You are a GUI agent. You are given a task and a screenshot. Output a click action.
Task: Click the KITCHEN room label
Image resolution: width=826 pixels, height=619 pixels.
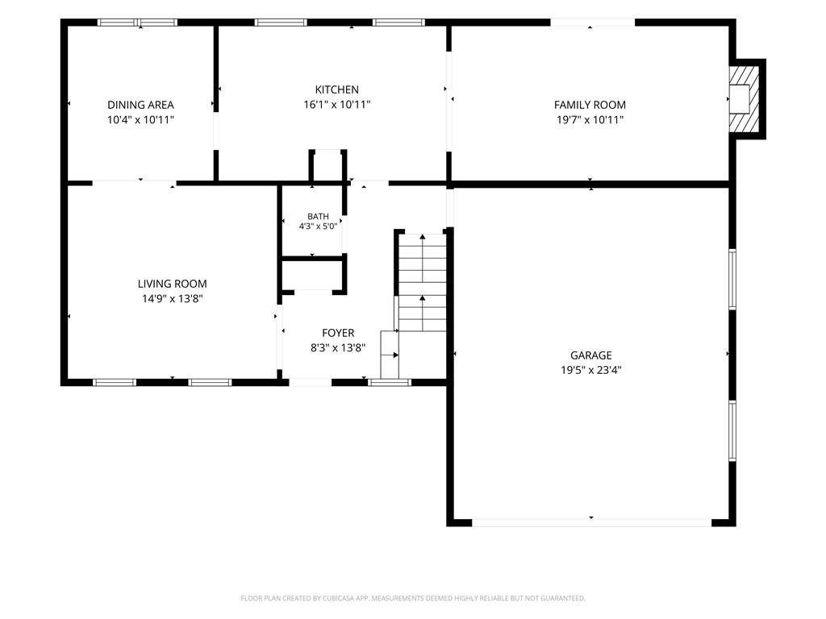click(x=336, y=89)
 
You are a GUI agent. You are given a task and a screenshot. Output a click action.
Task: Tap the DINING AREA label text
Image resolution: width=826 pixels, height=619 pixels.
click(x=140, y=105)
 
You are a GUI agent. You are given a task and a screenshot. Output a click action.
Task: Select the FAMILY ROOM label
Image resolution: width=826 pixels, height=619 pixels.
click(x=590, y=105)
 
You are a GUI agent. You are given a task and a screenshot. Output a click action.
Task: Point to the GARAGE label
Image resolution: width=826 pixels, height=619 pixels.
click(x=591, y=355)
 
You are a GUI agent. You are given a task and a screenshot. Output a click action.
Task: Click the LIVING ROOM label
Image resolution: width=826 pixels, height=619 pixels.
click(x=173, y=284)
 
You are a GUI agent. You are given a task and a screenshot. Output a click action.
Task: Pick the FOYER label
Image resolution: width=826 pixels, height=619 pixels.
click(x=338, y=333)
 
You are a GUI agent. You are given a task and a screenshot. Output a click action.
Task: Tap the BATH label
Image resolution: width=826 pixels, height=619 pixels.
click(x=318, y=216)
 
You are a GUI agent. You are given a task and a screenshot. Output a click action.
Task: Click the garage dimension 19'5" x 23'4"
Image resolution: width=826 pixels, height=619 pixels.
click(x=591, y=370)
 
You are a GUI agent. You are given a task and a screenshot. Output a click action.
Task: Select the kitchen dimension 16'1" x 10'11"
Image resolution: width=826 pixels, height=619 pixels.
click(x=337, y=104)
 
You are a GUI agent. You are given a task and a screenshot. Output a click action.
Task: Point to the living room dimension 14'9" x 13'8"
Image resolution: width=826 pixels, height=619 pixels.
click(x=173, y=299)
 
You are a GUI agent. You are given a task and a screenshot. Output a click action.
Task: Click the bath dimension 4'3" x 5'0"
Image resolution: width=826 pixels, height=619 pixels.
click(x=318, y=226)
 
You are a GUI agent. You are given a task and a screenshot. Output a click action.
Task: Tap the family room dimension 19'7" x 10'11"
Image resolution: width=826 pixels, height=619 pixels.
click(x=590, y=119)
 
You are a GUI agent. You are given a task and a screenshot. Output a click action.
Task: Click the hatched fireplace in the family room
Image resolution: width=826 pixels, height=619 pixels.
click(x=744, y=99)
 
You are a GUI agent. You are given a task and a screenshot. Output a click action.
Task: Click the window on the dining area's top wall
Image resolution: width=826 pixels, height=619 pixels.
click(x=137, y=23)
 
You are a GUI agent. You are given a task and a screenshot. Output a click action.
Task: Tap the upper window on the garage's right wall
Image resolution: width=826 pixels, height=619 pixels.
click(x=732, y=278)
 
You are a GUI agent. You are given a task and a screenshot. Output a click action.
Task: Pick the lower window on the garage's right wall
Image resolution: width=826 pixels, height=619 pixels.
click(x=732, y=430)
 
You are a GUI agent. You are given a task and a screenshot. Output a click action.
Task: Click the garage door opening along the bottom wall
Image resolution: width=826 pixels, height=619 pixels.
click(x=591, y=522)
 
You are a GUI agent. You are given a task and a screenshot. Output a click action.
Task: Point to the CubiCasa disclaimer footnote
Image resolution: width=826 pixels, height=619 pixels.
click(x=413, y=598)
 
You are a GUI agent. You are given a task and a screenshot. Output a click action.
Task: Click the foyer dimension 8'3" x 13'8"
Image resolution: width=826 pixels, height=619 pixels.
click(x=338, y=347)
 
